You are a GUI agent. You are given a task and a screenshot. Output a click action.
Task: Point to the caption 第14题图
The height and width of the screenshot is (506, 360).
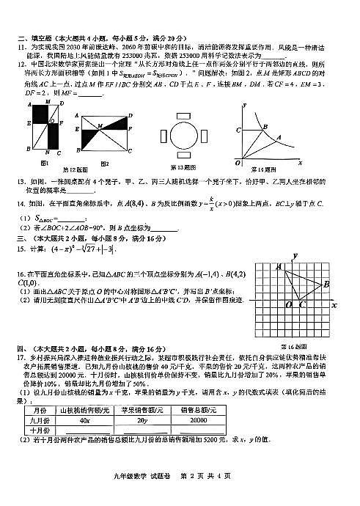tap(265, 168)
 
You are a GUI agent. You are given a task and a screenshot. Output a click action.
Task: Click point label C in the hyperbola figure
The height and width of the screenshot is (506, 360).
tap(238, 131)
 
